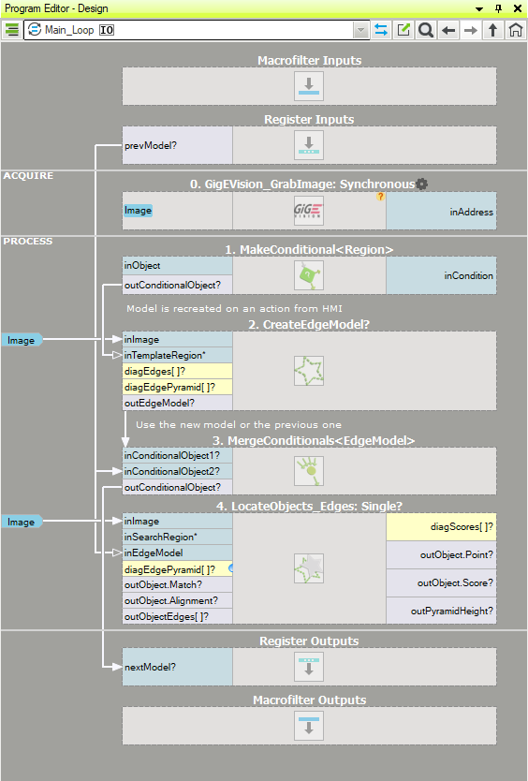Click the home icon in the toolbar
coord(516,30)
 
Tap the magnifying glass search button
coord(426,30)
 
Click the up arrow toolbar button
coord(493,30)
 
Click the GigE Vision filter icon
coord(309,211)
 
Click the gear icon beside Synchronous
coord(422,184)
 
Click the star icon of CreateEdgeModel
coord(309,371)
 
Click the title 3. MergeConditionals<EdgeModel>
coord(314,441)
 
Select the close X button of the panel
coord(518,8)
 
